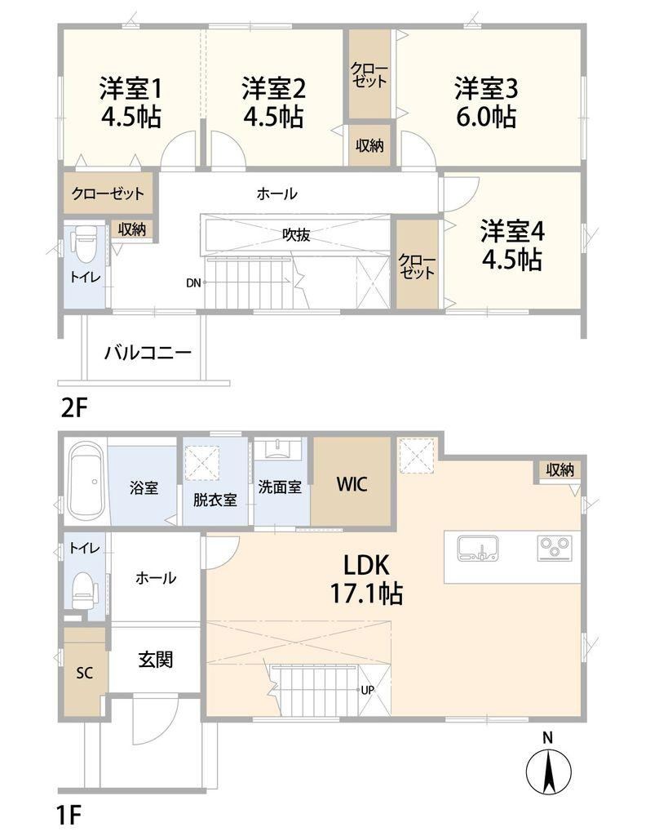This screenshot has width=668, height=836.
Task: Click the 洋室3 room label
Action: coord(486,89)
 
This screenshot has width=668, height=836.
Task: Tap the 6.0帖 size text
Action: coord(486,117)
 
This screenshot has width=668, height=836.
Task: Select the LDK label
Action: coord(366,565)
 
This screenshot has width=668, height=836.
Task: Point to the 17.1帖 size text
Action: coord(366,593)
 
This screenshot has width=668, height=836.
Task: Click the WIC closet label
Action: coord(352,484)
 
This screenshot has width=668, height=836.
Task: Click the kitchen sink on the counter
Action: coord(478,549)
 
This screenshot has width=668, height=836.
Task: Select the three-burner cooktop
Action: coord(555,548)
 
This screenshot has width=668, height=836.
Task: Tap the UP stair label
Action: coord(368,690)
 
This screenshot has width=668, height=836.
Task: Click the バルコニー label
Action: coord(148,353)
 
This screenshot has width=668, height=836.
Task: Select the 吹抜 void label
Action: coord(296,234)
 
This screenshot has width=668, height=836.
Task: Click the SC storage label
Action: coord(85,673)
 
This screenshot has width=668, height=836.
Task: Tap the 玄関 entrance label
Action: coord(156,660)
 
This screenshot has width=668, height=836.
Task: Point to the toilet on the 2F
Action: coord(85,244)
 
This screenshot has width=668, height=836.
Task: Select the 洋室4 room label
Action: coord(512,232)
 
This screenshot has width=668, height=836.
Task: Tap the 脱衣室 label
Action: coord(215,500)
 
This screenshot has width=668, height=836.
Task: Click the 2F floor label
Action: coord(73,408)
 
